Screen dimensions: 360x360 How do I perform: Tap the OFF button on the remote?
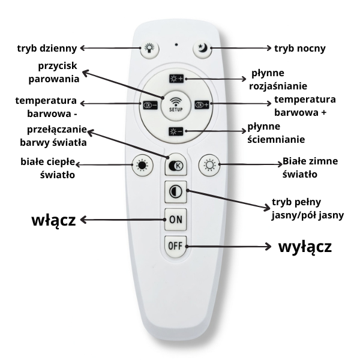(x=175, y=245)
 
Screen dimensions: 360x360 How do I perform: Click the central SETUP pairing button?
(x=176, y=104)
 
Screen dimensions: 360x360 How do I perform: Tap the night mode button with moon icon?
(x=202, y=49)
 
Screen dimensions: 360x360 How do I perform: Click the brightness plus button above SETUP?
(x=176, y=79)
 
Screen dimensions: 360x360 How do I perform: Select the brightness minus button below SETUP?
(x=176, y=131)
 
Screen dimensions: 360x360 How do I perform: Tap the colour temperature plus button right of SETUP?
(x=202, y=104)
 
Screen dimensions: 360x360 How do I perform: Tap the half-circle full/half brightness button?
(x=175, y=193)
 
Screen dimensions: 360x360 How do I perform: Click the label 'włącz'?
(x=53, y=220)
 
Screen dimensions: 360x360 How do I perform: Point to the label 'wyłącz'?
(x=305, y=246)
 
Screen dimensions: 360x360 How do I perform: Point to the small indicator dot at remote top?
(x=175, y=44)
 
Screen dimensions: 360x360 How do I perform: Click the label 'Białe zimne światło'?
(x=310, y=168)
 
